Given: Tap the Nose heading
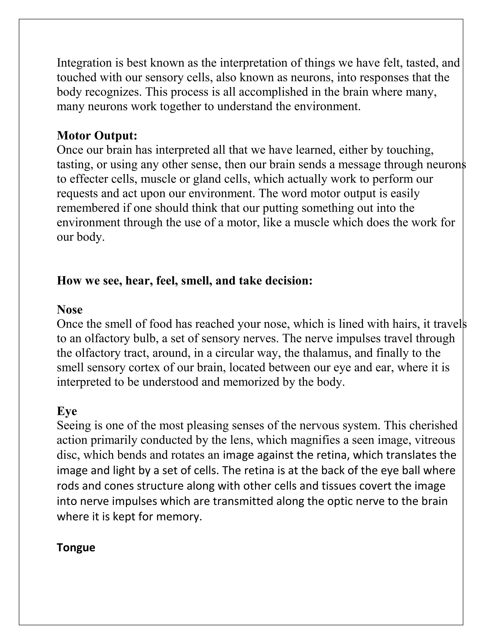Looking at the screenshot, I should [69, 310].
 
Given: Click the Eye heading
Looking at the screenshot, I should [67, 411].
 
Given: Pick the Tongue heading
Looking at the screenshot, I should [76, 547].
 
